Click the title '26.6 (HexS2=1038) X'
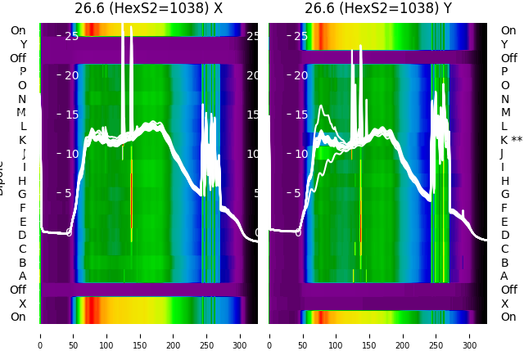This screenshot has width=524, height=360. pyautogui.click(x=148, y=8)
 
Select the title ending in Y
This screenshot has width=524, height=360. pyautogui.click(x=377, y=8)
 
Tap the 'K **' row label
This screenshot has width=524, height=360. pyautogui.click(x=511, y=140)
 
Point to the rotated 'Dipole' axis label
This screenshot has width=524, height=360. pyautogui.click(x=2, y=178)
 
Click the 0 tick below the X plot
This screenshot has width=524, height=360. pyautogui.click(x=40, y=335)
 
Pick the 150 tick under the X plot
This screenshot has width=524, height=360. pyautogui.click(x=140, y=335)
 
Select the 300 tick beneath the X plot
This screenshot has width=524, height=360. pyautogui.click(x=240, y=335)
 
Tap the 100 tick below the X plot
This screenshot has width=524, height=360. pyautogui.click(x=106, y=335)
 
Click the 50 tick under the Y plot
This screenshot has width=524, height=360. pyautogui.click(x=302, y=335)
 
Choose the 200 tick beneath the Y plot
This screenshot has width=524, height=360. pyautogui.click(x=403, y=335)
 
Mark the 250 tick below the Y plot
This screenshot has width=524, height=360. pyautogui.click(x=436, y=335)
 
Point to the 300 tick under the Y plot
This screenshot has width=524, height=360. pyautogui.click(x=470, y=335)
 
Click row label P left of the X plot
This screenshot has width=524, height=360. pyautogui.click(x=22, y=71)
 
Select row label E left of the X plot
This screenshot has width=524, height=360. pyautogui.click(x=22, y=222)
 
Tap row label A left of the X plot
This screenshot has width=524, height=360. pyautogui.click(x=22, y=276)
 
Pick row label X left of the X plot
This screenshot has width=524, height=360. pyautogui.click(x=22, y=304)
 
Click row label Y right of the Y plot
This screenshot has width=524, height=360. pyautogui.click(x=504, y=44)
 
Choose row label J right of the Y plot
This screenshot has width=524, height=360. pyautogui.click(x=502, y=153)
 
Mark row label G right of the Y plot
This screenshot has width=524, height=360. pyautogui.click(x=504, y=194)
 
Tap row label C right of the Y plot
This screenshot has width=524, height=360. pyautogui.click(x=504, y=249)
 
